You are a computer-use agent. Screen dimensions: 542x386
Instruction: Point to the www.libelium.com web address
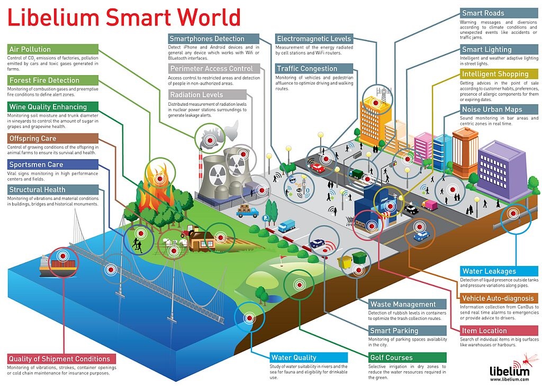[x=510, y=380]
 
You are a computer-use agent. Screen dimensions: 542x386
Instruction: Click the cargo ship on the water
[x=58, y=266]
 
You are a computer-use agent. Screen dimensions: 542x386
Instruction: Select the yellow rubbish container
[x=345, y=262]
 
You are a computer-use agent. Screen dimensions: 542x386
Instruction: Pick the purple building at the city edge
[x=503, y=170]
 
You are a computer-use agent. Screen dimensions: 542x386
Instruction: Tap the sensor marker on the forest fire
[x=159, y=178]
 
